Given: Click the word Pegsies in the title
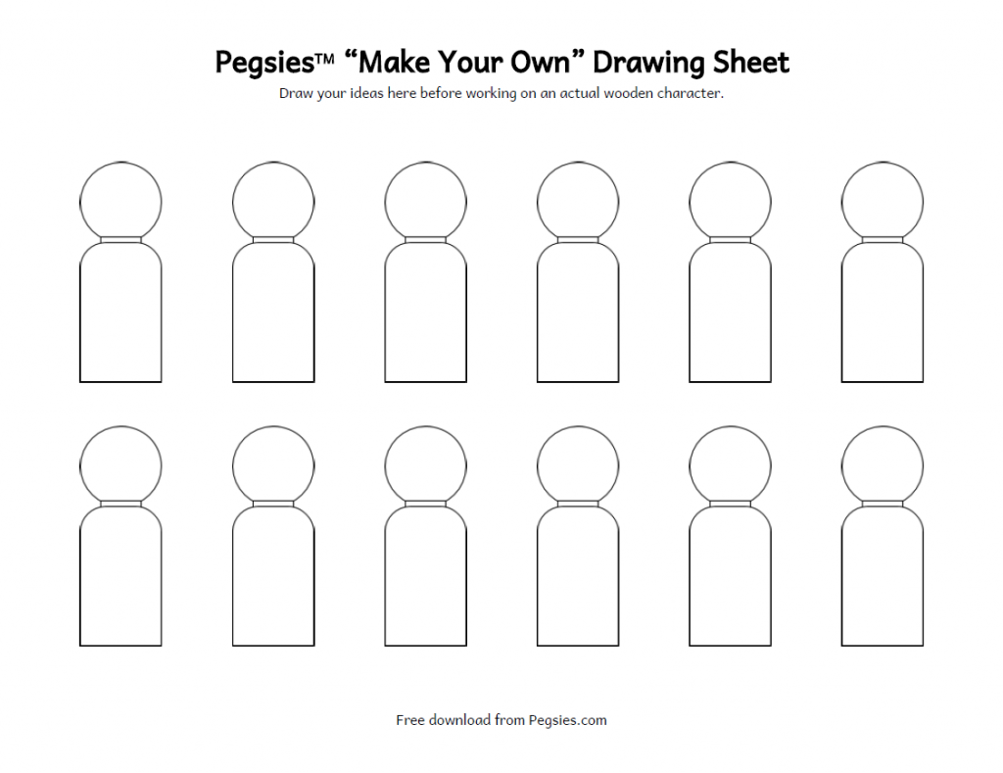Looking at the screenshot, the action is pos(264,64).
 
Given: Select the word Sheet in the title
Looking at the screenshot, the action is pos(751,62).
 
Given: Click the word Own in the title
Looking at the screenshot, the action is pos(545,62).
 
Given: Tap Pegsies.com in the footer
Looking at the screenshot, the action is pos(567,720).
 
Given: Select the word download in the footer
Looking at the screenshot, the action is pos(459,720).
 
